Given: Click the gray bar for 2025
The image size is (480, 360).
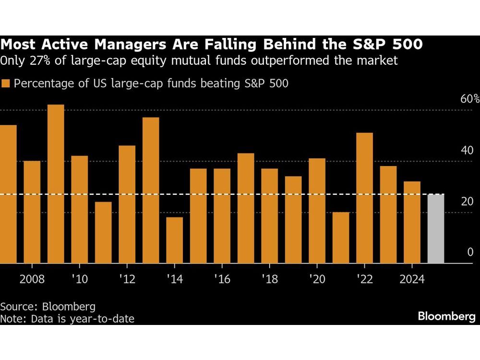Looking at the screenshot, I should tap(436, 228).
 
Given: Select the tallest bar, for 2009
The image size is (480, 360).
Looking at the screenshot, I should tap(56, 184).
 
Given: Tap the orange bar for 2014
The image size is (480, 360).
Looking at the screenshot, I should tap(175, 240).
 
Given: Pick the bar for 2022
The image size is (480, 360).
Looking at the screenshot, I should tap(365, 198).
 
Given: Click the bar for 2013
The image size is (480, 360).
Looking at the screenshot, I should tap(151, 190).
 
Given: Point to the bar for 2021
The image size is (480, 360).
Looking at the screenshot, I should tap(341, 238).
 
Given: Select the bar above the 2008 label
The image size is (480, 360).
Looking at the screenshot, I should tap(32, 212).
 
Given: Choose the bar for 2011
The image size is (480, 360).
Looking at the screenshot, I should tap(103, 232).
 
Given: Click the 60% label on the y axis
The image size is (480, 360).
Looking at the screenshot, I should tap(469, 99).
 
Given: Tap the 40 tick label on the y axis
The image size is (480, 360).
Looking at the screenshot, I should tap(467, 150).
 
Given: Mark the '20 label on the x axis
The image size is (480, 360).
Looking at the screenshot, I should tap(317, 279).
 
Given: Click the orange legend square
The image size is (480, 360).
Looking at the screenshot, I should tap(6, 84).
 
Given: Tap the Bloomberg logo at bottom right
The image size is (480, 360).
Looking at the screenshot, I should tap(446, 316).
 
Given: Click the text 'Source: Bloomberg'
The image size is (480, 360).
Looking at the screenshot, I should tap(48, 306).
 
